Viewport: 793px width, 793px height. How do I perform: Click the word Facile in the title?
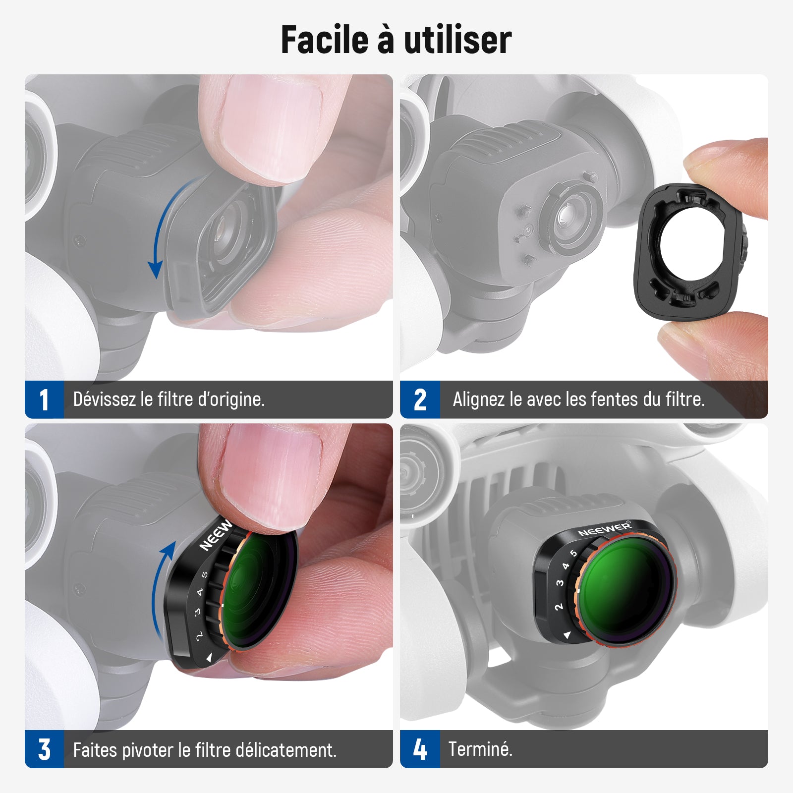[x=325, y=40]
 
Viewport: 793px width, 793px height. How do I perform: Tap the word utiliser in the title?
[x=458, y=40]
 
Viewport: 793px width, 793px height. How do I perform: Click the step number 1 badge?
[x=44, y=399]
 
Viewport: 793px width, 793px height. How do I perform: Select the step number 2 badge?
[x=420, y=399]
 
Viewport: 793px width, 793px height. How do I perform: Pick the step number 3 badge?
[x=44, y=749]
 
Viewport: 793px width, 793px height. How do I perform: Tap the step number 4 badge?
[x=420, y=749]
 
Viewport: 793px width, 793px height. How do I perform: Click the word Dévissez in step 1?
[x=105, y=399]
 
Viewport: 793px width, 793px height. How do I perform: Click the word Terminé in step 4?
[x=480, y=749]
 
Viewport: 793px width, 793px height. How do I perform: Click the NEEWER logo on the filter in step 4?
[x=605, y=528]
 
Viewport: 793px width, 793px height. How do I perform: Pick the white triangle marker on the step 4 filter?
[x=567, y=635]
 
